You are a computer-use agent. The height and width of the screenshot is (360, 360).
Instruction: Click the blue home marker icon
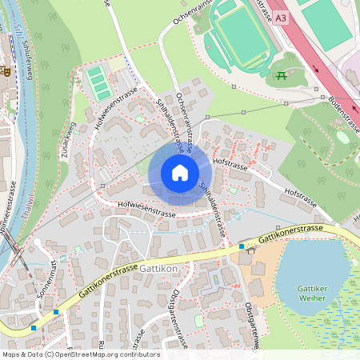click(x=180, y=173)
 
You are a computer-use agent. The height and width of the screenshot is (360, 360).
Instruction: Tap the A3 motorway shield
click(x=279, y=17)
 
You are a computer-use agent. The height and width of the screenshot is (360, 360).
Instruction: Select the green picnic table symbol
click(x=281, y=76)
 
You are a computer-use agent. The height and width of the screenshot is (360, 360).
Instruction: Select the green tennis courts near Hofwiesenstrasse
click(x=98, y=83)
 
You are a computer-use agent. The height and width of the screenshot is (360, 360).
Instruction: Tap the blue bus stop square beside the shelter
click(x=242, y=246)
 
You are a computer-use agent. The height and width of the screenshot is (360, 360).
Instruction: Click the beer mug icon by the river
click(x=6, y=70)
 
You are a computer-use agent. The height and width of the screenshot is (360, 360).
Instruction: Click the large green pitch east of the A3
click(x=328, y=24)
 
